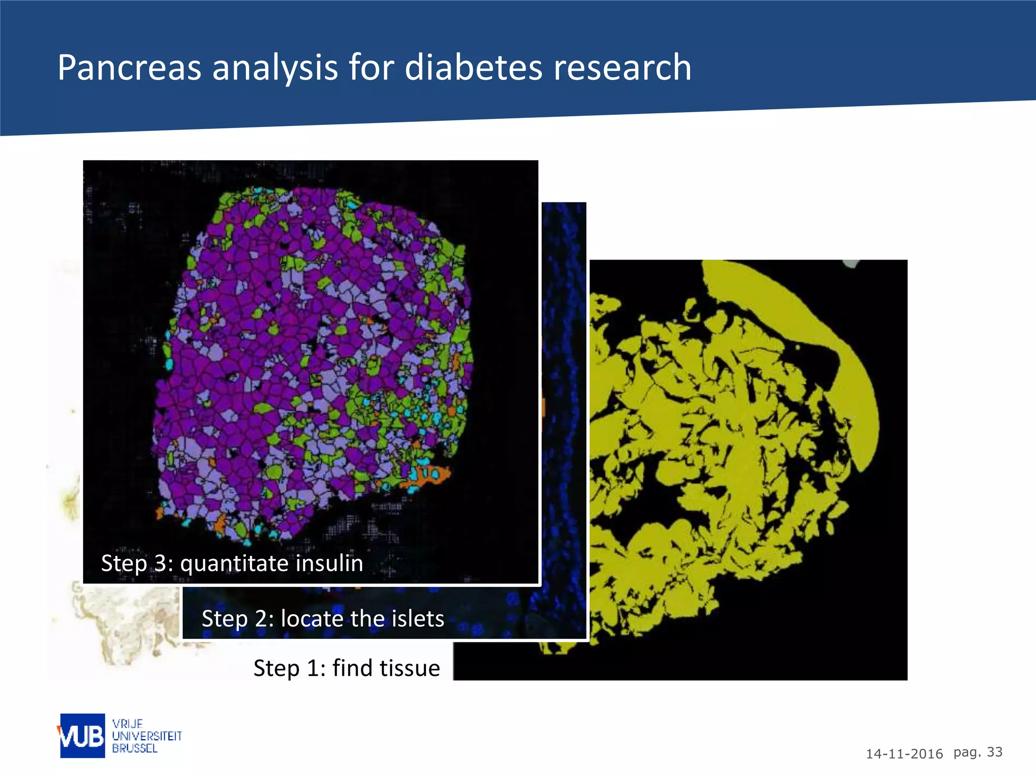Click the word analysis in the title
(x=275, y=68)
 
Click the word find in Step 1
(x=349, y=668)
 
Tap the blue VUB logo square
(x=82, y=736)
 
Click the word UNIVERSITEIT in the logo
(x=147, y=736)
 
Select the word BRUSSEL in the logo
(x=135, y=748)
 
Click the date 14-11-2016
(x=904, y=754)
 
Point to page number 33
(x=995, y=752)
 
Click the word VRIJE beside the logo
(x=127, y=724)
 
